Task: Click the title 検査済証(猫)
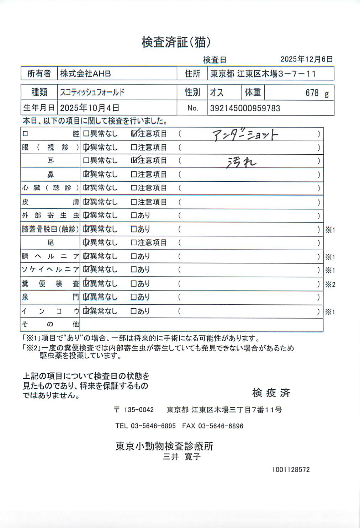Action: tap(176, 42)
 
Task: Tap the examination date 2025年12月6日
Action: tap(306, 59)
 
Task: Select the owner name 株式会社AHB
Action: tap(85, 74)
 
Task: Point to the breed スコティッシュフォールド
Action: tap(92, 92)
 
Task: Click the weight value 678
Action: tap(312, 93)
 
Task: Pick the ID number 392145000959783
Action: tap(245, 108)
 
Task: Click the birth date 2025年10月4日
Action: tap(90, 108)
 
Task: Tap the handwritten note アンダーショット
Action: tap(245, 135)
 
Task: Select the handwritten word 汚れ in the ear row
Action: tap(242, 162)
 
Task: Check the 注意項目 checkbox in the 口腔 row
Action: tap(134, 134)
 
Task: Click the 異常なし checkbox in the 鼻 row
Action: tap(86, 174)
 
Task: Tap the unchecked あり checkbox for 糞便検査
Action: tap(134, 284)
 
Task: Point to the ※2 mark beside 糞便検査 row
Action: tap(330, 284)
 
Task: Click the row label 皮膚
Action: tap(50, 202)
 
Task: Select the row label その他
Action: tap(50, 324)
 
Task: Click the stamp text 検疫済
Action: tap(271, 393)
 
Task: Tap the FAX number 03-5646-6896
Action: tap(221, 426)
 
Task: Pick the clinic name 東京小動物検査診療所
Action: tap(164, 446)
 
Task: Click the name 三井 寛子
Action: tap(182, 457)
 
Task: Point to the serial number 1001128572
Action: tap(291, 470)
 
